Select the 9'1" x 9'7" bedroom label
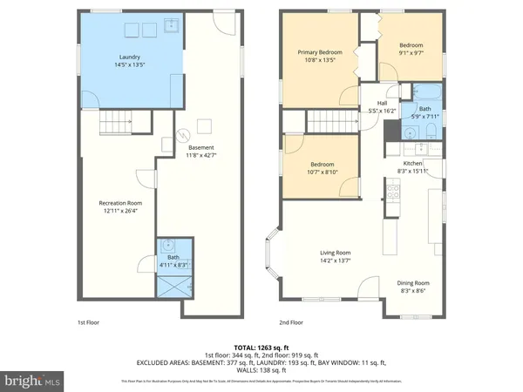[x=411, y=49]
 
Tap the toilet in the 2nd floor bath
[x=431, y=133]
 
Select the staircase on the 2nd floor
[x=323, y=121]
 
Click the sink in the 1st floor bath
[x=169, y=245]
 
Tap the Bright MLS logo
[x=33, y=381]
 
